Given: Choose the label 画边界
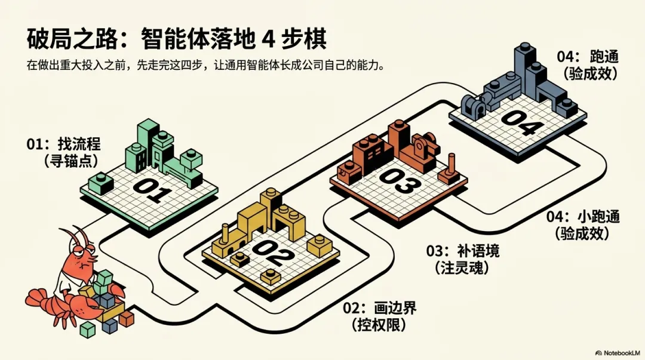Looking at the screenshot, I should click(394, 309).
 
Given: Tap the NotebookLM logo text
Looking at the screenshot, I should click(619, 353).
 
